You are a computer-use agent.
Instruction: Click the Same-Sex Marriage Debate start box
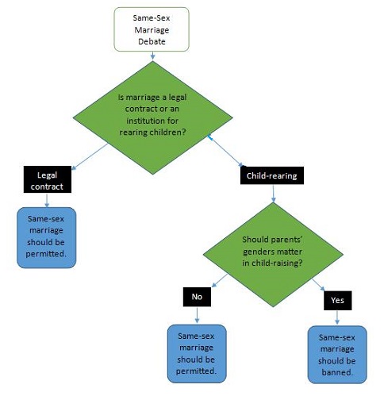(x=152, y=29)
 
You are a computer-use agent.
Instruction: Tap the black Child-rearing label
(x=272, y=175)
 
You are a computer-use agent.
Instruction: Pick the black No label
(x=197, y=297)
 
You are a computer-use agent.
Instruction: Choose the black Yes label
(x=338, y=301)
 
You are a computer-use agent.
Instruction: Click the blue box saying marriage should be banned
(x=337, y=355)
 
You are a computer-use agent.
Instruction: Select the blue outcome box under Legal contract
(x=47, y=237)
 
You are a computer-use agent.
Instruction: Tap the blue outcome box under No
(x=197, y=354)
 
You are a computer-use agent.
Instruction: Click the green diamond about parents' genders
(x=273, y=255)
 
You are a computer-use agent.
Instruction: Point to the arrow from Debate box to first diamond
(x=152, y=56)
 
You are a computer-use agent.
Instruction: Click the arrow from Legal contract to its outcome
(x=47, y=200)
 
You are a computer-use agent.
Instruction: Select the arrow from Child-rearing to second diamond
(x=273, y=194)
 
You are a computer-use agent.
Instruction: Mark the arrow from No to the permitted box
(x=197, y=315)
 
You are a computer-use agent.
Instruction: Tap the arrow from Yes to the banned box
(x=337, y=317)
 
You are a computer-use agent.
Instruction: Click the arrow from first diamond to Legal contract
(x=90, y=156)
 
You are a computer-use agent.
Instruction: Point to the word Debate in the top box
(x=152, y=41)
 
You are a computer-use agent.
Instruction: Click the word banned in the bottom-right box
(x=337, y=372)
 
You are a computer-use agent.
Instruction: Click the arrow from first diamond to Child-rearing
(x=226, y=152)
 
